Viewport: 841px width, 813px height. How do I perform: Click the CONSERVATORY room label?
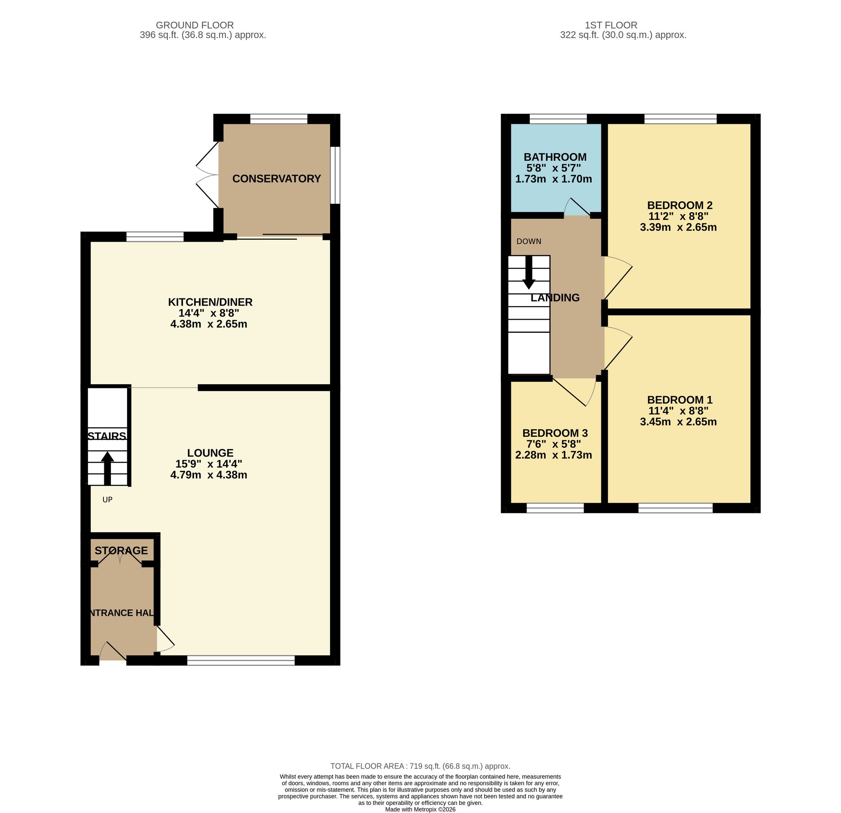276,179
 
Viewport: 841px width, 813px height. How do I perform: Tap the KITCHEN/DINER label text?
210,302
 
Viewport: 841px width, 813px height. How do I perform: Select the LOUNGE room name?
210,453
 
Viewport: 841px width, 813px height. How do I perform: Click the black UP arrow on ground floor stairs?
107,468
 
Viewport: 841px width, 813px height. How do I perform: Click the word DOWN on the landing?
529,242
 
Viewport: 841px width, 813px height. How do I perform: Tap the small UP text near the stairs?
107,500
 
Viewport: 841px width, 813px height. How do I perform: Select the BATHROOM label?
555,157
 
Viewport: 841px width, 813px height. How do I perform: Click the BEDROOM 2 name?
680,205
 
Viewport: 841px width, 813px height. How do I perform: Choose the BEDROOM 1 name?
680,399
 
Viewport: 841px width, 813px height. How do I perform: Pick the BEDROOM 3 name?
555,433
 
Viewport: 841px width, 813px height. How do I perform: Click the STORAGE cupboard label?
121,550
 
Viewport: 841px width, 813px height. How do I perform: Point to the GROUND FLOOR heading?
195,25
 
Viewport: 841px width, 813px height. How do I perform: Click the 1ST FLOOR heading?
611,25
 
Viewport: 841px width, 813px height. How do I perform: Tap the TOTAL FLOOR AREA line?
420,766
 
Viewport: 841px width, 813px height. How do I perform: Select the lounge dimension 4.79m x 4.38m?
209,475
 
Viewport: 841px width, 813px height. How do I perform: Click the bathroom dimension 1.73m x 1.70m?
553,179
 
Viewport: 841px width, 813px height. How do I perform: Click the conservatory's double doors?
207,175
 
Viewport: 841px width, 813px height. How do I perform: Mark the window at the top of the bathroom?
558,119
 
